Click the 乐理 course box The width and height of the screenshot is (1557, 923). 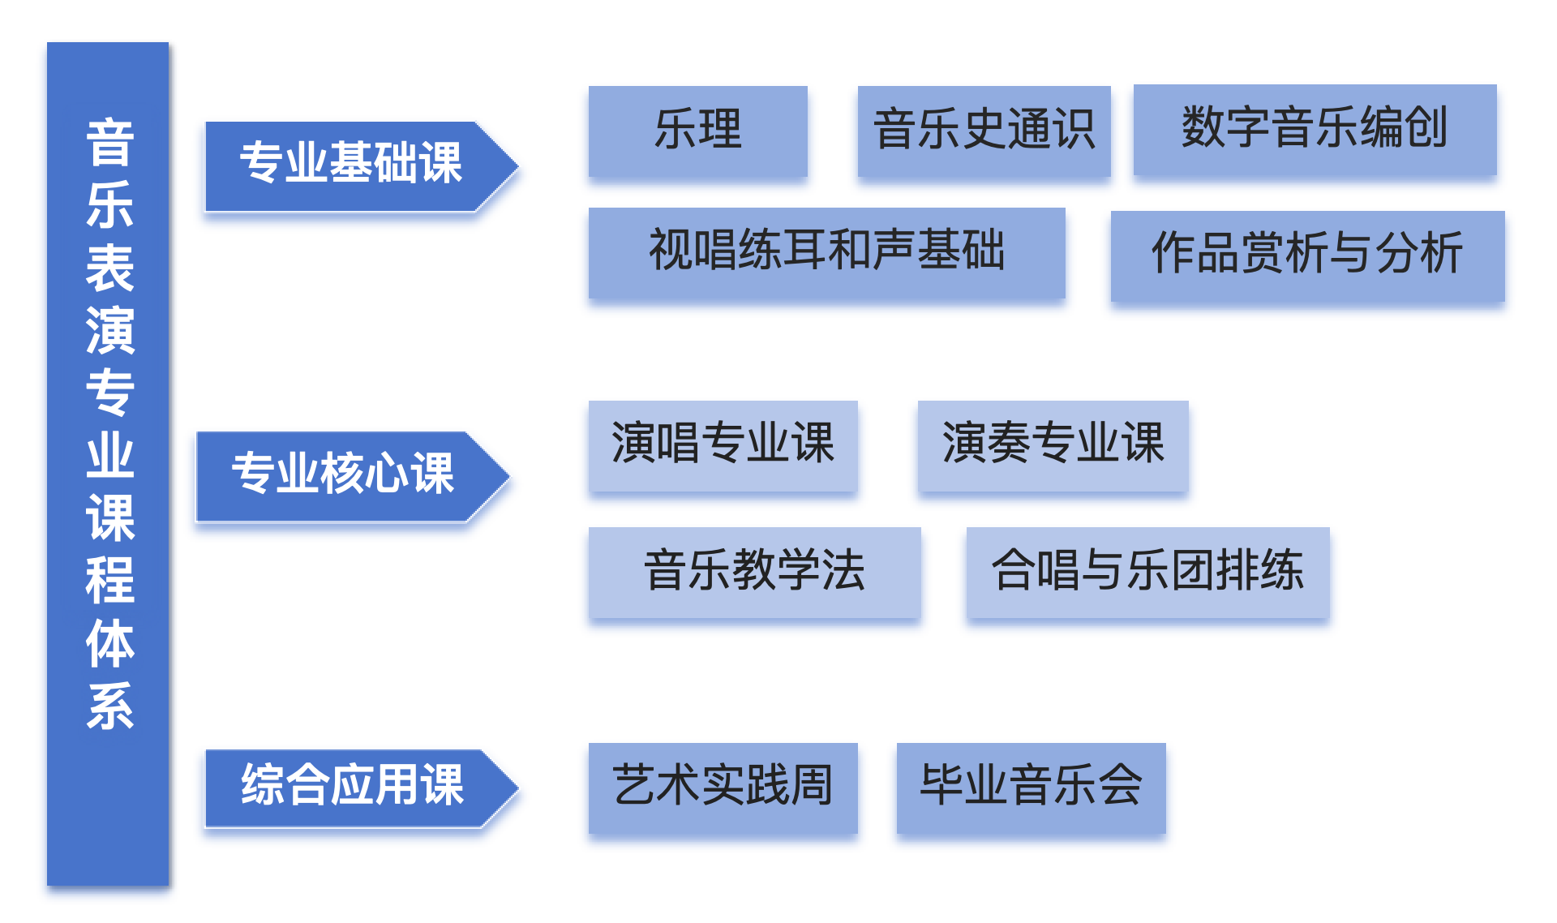point(697,131)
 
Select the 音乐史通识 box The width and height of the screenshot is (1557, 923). point(984,131)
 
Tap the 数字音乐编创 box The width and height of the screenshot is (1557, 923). point(1315,129)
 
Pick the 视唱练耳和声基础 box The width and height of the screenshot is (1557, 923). point(826,252)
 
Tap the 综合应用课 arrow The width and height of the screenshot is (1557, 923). point(351,788)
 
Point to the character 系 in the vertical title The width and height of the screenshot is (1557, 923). point(109,706)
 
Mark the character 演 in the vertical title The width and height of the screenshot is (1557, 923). point(109,331)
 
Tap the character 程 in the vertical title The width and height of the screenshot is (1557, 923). point(109,581)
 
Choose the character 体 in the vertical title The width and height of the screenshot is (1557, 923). point(109,643)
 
